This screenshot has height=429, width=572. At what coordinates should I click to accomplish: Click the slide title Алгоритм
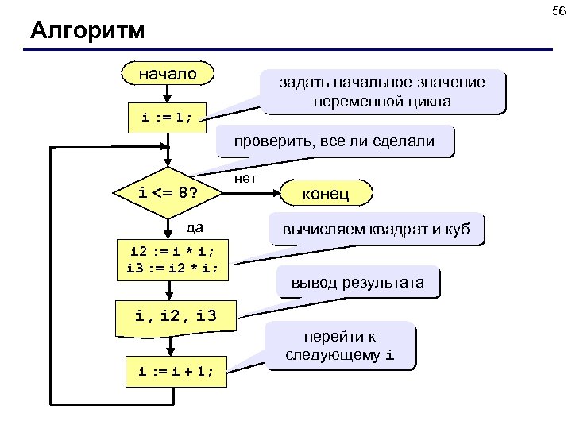(87, 32)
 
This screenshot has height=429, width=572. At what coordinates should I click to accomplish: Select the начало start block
(168, 74)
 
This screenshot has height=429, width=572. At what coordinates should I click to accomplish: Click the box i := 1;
(168, 118)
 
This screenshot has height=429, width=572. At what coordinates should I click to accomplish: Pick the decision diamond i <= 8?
(168, 192)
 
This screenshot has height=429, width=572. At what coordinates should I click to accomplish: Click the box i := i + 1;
(176, 370)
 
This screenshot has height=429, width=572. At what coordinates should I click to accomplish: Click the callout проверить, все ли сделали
(334, 141)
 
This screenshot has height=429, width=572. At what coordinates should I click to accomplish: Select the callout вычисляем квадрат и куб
(376, 230)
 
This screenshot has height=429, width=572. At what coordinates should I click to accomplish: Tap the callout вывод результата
(357, 282)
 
